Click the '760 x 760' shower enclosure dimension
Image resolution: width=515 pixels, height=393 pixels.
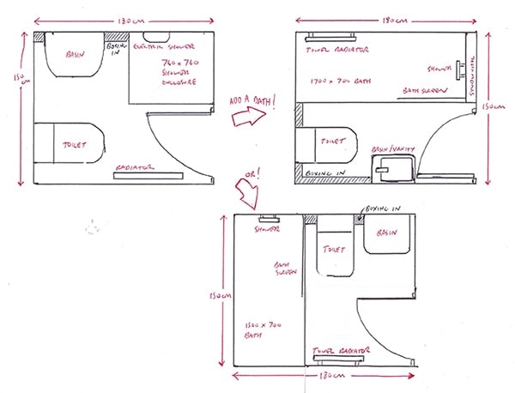pyautogui.click(x=180, y=63)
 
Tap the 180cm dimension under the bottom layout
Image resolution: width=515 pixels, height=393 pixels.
pyautogui.click(x=324, y=375)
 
